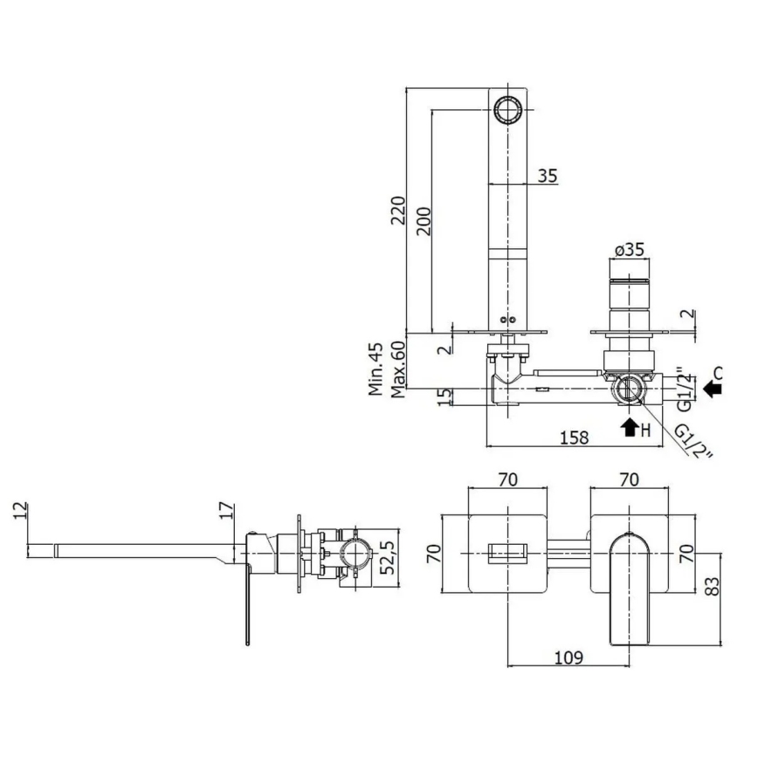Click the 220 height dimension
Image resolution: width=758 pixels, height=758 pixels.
point(397,210)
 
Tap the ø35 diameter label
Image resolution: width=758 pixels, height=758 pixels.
point(629,250)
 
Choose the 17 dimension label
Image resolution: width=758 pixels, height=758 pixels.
point(225,511)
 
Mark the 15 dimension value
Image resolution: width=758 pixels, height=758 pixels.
point(445,397)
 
